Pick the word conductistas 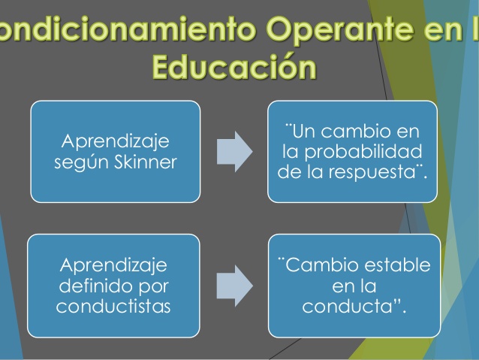113,307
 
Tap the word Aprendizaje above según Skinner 116,141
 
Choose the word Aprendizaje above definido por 114,267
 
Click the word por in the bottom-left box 151,286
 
